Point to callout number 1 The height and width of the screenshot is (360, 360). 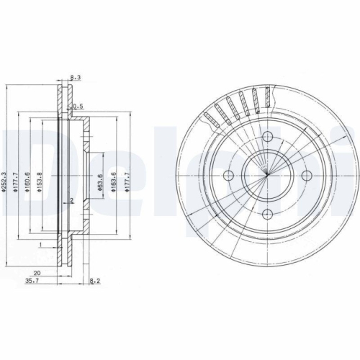coord(42,246)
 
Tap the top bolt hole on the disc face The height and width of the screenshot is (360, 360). coord(266,141)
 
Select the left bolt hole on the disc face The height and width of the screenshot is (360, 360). coord(230,176)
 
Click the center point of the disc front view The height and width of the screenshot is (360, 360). coord(266,176)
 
